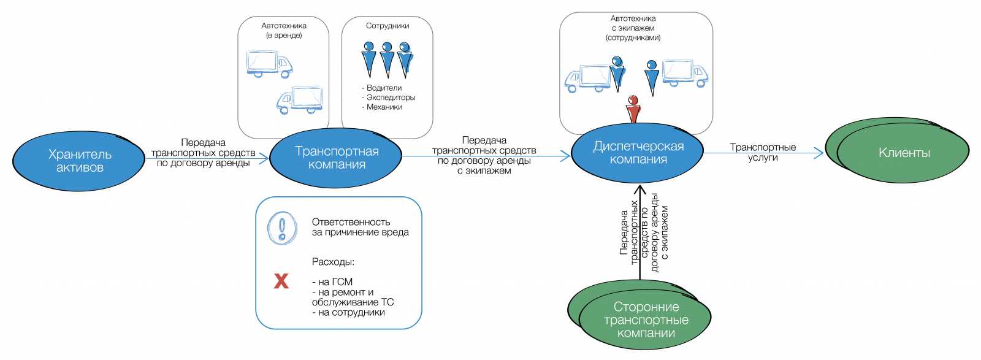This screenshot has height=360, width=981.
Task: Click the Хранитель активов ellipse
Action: pos(80,161)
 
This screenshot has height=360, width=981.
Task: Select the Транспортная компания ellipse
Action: pos(337,158)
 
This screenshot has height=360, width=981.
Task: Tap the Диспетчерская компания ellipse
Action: pos(638,153)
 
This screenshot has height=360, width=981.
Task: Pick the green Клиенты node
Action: pos(903,153)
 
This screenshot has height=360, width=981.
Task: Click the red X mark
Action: pos(281,281)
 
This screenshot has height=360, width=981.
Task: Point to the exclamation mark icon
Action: pos(282,228)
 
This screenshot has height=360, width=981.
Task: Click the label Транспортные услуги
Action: pos(763,152)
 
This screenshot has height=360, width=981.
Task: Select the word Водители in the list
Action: pos(384,88)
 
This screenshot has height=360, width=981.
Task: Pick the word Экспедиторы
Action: pos(390,98)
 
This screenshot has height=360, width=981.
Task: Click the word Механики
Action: pos(384,107)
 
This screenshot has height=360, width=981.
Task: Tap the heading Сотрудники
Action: pos(387,26)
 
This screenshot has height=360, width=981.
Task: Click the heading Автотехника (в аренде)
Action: pos(284,31)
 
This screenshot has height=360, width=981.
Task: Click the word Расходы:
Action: pos(333,262)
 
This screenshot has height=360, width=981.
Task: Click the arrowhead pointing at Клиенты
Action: pos(819,153)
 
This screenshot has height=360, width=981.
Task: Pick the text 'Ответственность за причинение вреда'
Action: pos(360,227)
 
